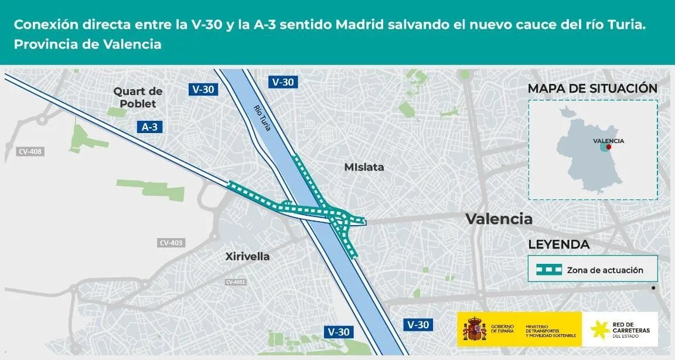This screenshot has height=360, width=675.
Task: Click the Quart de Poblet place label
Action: coord(138,97)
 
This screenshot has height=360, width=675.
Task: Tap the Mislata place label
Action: coord(364,167)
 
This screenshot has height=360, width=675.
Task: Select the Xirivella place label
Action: coord(247,256)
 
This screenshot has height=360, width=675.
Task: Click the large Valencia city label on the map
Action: coord(499,219)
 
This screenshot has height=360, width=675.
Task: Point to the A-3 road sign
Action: coord(149,127)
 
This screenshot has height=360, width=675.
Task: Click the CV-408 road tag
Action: coord(30,152)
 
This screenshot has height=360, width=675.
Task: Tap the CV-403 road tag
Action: coord(171,243)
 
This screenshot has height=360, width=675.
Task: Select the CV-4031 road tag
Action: coord(236,282)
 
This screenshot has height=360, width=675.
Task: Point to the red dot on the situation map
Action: coord(609,147)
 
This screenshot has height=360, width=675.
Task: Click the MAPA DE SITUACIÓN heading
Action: coord(592,89)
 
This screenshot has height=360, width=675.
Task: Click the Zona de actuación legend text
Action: coord(605,270)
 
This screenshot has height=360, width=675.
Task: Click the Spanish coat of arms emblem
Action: coord(475,330)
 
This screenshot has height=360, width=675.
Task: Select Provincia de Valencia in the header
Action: coord(87,44)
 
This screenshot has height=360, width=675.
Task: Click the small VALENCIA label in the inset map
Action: coord(608,141)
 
